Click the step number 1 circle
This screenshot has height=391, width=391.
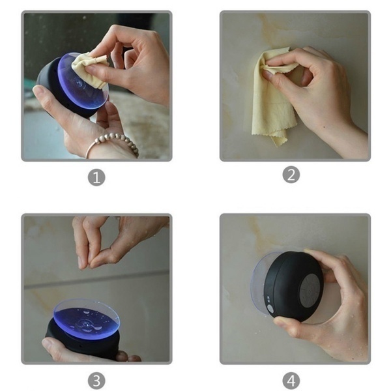96,177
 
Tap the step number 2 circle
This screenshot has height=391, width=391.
291,175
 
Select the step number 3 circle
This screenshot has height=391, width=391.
96,381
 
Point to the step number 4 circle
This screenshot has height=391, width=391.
291,381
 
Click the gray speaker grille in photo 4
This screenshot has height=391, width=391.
309,291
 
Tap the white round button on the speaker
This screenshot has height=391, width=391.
270,309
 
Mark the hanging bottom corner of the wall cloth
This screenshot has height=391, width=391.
276,145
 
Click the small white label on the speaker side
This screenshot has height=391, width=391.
268,298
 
